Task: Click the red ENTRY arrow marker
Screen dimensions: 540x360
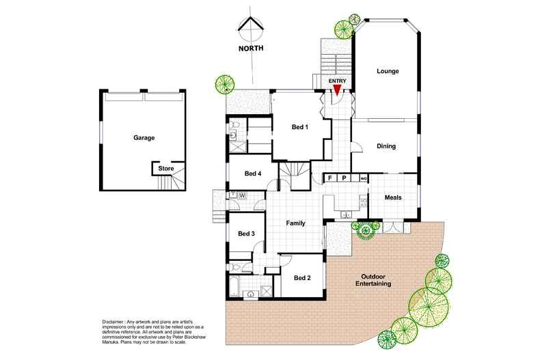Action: click(336, 90)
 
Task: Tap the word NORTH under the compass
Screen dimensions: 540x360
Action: click(251, 49)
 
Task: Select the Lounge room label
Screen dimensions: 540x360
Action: click(388, 71)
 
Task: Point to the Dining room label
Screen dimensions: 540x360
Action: click(386, 146)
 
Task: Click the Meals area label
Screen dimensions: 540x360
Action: click(393, 197)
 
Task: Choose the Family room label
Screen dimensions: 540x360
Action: click(295, 223)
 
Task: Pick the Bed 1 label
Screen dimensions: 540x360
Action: click(300, 127)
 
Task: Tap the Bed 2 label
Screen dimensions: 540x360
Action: click(302, 278)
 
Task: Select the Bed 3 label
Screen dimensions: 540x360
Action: click(246, 234)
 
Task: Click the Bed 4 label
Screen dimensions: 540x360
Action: click(253, 174)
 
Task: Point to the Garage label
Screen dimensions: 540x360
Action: click(144, 138)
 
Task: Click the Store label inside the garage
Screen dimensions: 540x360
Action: click(166, 169)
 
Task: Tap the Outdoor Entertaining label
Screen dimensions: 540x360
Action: click(373, 280)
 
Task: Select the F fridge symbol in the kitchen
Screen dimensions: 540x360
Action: click(330, 178)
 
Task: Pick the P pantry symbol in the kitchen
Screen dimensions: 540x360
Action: click(344, 178)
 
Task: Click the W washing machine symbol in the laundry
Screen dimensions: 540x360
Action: click(243, 195)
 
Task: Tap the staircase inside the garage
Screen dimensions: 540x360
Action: click(171, 182)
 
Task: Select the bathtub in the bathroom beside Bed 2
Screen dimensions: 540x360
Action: click(234, 286)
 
